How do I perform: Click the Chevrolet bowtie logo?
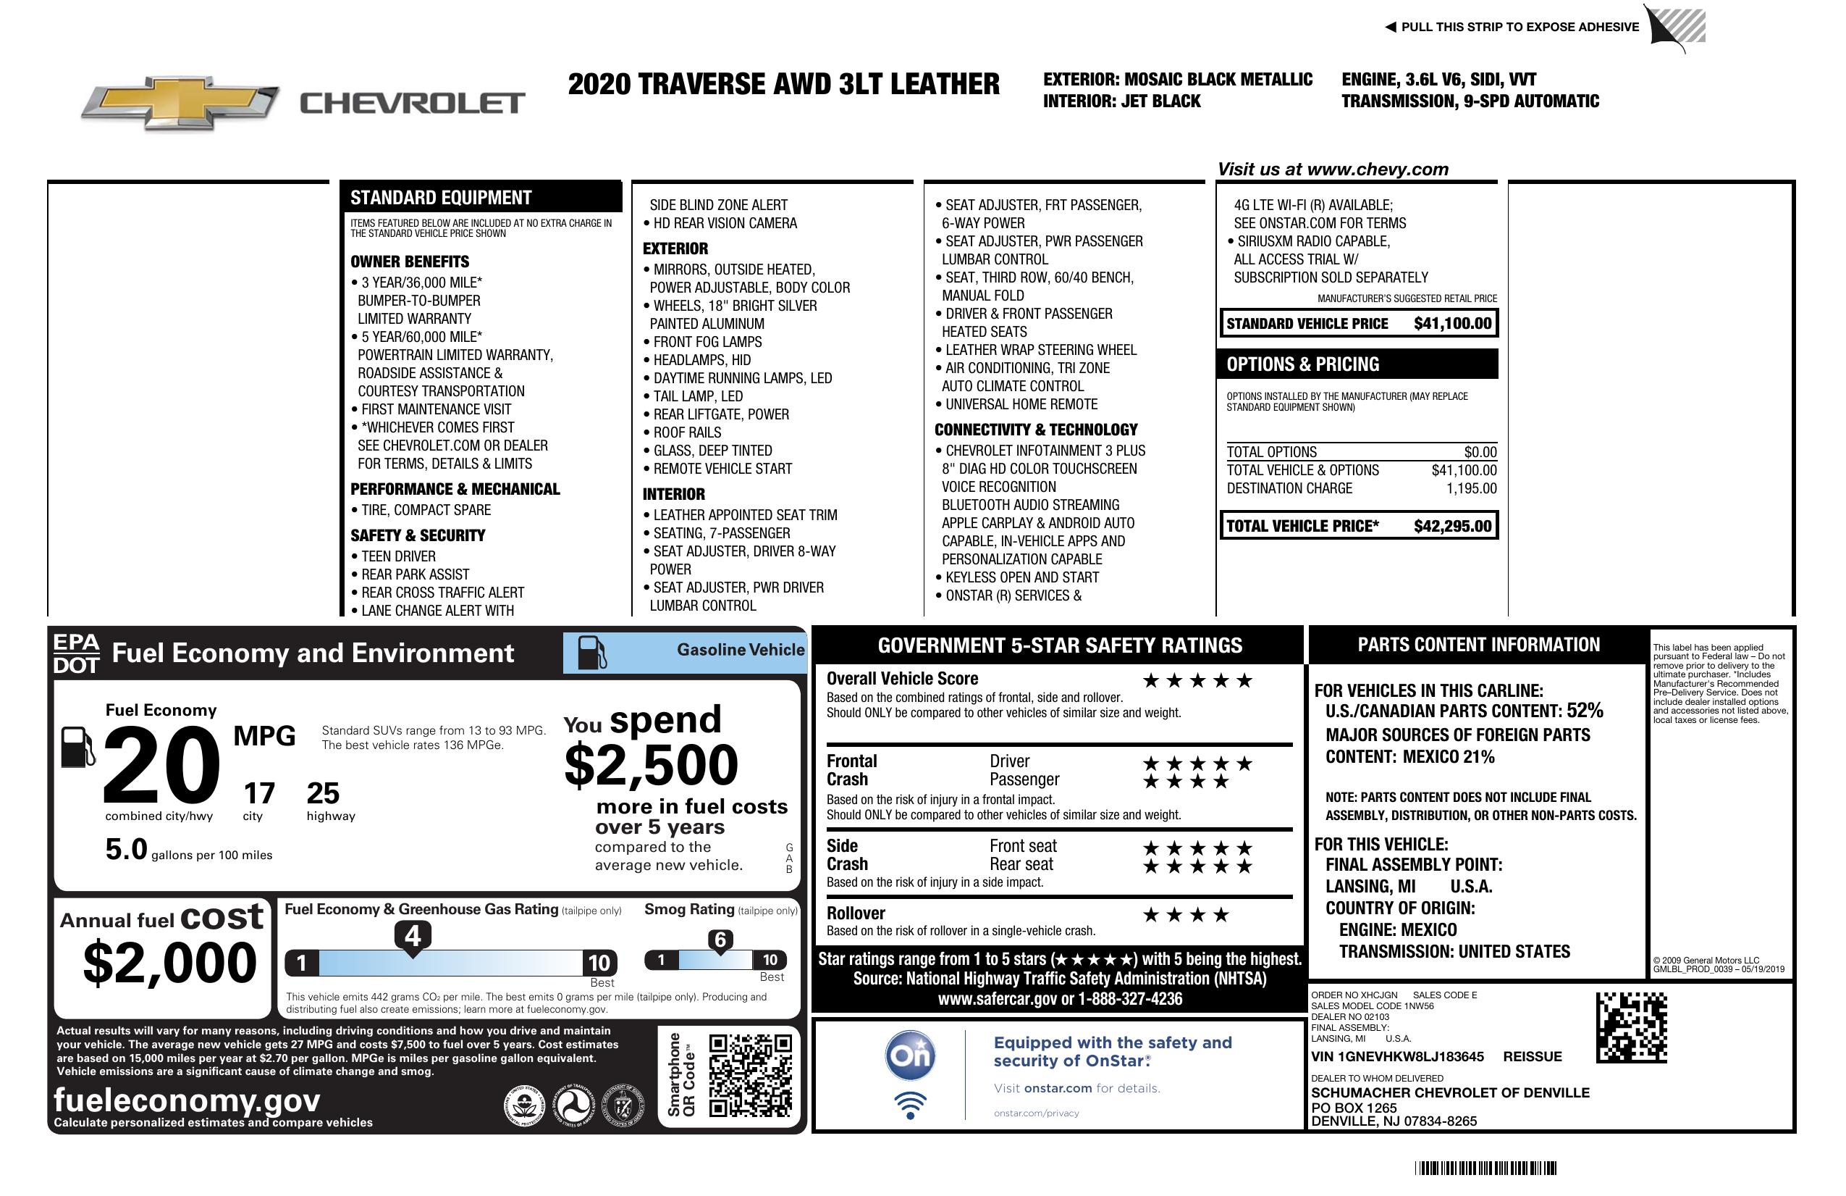coord(180,103)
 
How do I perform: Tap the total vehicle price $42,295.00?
coord(1452,526)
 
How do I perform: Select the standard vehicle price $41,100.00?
coord(1452,324)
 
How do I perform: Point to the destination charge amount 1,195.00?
coord(1471,488)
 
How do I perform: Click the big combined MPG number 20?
coord(161,764)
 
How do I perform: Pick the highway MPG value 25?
coord(323,793)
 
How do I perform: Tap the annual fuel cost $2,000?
coord(169,963)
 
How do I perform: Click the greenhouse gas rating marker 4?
coord(413,936)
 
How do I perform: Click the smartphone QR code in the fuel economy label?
coord(751,1074)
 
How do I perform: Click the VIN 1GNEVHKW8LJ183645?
coord(1397,1056)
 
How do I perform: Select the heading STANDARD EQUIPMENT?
coord(441,198)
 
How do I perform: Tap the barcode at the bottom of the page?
coord(1485,1168)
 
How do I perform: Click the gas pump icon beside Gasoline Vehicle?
coord(592,653)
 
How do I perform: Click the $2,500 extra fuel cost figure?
coord(651,765)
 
